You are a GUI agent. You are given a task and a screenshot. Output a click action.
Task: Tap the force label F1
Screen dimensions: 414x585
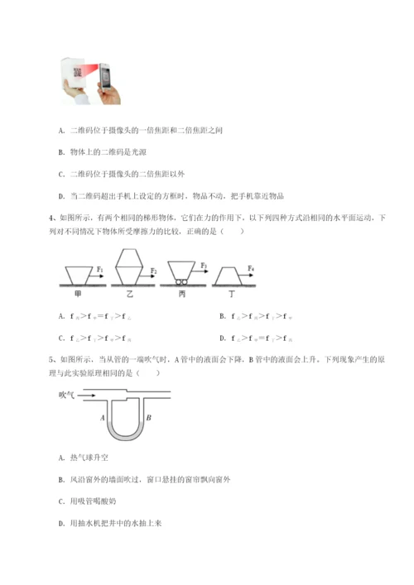[x=100, y=269]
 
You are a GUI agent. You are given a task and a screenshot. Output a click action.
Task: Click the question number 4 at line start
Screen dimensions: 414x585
[x=54, y=219]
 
